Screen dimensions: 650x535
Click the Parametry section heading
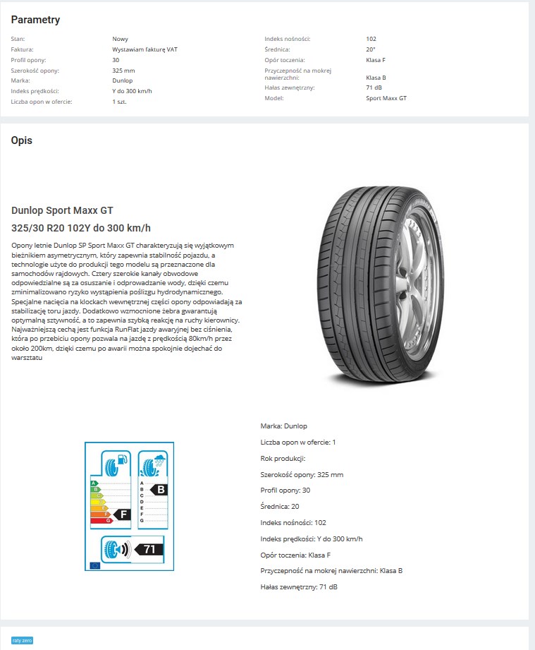coord(35,20)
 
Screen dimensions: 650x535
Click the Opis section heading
coord(21,140)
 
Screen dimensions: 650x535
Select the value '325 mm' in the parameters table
coord(123,71)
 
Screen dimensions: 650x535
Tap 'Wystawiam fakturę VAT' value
coord(144,49)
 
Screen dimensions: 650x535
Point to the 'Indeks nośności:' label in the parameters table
coord(287,39)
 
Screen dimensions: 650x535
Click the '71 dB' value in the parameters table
coord(375,88)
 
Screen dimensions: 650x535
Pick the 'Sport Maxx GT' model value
coord(386,98)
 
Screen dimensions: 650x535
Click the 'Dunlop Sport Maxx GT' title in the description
coord(62,210)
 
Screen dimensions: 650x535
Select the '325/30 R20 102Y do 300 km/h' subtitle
coord(81,228)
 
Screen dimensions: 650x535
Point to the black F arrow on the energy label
coord(122,514)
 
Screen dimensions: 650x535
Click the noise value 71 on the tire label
coord(149,549)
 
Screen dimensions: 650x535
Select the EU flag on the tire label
coord(94,565)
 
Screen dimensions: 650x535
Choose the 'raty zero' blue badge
coord(22,640)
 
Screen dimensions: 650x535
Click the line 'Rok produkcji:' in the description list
coord(283,458)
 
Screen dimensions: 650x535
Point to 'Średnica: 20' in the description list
coord(280,506)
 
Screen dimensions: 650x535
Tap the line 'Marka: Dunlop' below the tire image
coord(283,426)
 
